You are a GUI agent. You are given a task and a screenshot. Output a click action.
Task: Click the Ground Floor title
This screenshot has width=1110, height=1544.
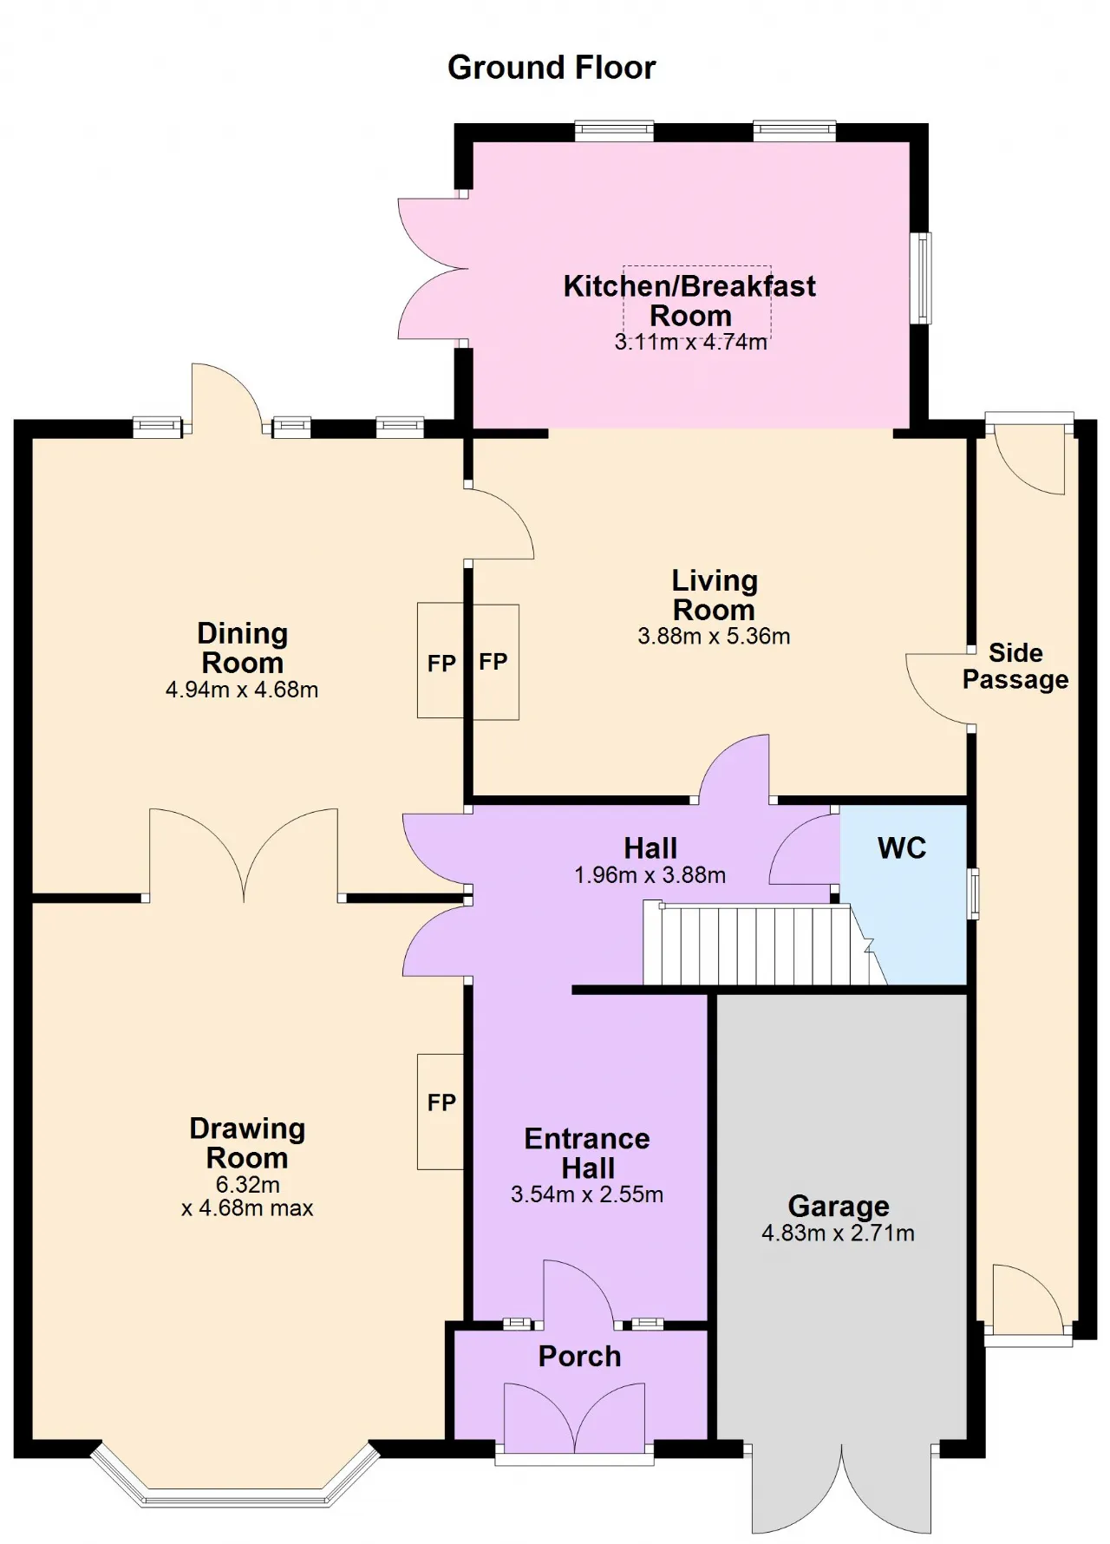(552, 68)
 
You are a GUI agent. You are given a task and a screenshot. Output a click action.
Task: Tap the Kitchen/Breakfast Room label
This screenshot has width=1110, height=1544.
(690, 300)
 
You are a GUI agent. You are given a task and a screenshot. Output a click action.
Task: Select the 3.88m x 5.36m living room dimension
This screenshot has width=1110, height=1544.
(714, 637)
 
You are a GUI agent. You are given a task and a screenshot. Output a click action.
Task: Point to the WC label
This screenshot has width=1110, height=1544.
(902, 847)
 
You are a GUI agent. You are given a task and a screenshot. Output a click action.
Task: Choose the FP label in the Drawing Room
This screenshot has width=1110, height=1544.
(441, 1102)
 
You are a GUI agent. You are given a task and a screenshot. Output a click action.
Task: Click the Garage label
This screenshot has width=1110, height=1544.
(839, 1206)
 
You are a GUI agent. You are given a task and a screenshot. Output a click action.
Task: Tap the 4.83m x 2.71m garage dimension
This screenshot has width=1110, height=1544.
(838, 1233)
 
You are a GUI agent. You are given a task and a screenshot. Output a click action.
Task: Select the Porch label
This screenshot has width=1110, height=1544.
(579, 1356)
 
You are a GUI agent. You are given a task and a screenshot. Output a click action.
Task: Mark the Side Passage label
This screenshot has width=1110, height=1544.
(1015, 666)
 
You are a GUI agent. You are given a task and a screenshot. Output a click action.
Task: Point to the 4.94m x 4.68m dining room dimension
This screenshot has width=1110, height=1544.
(242, 690)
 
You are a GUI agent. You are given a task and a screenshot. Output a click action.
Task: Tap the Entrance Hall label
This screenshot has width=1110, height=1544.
(587, 1153)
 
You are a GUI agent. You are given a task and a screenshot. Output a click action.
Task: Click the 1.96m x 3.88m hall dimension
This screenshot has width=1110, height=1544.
(650, 876)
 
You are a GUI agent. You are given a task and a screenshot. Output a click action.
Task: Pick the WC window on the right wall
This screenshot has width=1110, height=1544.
(974, 893)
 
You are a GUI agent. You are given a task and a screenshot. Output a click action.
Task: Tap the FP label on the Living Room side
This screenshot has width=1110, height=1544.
(493, 662)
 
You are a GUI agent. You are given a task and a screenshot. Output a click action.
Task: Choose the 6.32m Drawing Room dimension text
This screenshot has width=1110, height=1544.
(248, 1185)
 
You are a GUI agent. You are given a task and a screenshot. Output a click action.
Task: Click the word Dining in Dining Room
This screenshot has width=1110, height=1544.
(242, 633)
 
